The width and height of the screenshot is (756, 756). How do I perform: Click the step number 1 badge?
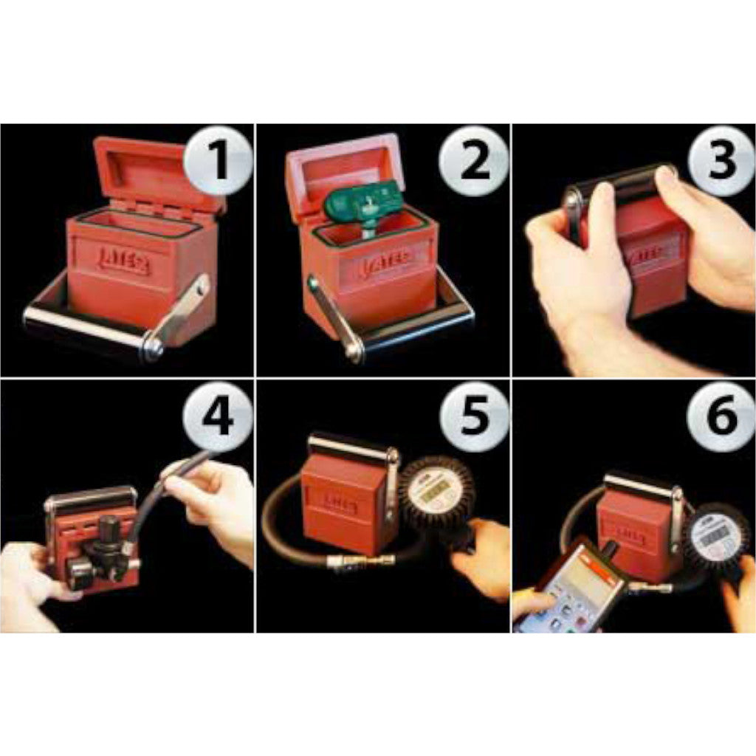[x=218, y=160]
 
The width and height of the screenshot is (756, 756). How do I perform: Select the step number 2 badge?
[x=473, y=160]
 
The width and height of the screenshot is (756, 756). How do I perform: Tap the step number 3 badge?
[x=721, y=160]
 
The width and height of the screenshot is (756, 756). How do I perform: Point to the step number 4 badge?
[x=218, y=416]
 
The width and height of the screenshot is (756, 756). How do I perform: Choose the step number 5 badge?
[x=473, y=416]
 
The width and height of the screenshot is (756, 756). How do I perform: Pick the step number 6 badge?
[x=721, y=416]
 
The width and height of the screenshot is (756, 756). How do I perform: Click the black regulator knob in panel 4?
[x=109, y=529]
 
